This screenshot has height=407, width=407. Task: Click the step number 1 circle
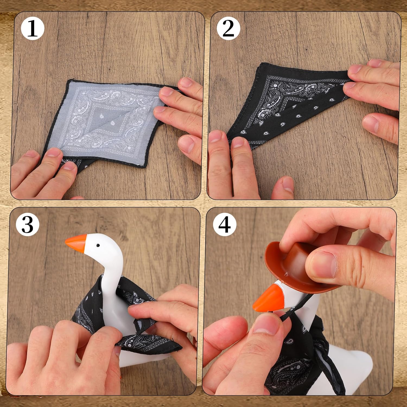click(33, 28)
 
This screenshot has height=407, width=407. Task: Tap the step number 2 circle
click(228, 28)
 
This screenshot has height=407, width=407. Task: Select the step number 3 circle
click(27, 225)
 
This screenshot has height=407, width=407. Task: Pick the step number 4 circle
click(224, 225)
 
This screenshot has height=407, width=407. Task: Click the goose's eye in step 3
click(98, 245)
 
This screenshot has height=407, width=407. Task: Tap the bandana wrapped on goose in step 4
click(301, 355)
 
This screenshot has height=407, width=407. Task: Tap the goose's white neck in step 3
click(114, 288)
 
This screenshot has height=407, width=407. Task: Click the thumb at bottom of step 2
click(282, 187)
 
